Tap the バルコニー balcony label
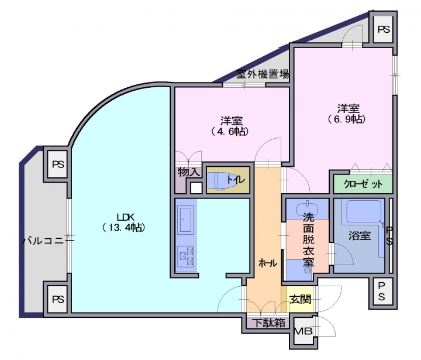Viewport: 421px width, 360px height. pyautogui.click(x=49, y=240)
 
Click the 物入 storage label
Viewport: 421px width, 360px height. pyautogui.click(x=189, y=173)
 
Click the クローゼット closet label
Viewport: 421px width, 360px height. pyautogui.click(x=363, y=184)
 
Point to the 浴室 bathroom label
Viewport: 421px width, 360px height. pyautogui.click(x=359, y=236)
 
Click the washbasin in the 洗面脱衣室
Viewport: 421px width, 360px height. pyautogui.click(x=308, y=208)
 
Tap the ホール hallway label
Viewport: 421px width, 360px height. pyautogui.click(x=267, y=263)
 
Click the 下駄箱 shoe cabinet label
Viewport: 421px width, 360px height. pyautogui.click(x=268, y=323)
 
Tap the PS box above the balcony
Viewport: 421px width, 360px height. pyautogui.click(x=57, y=164)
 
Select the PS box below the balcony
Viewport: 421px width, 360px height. pyautogui.click(x=57, y=299)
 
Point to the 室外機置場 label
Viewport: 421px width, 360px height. pyautogui.click(x=263, y=74)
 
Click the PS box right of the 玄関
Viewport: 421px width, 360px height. pyautogui.click(x=381, y=291)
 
